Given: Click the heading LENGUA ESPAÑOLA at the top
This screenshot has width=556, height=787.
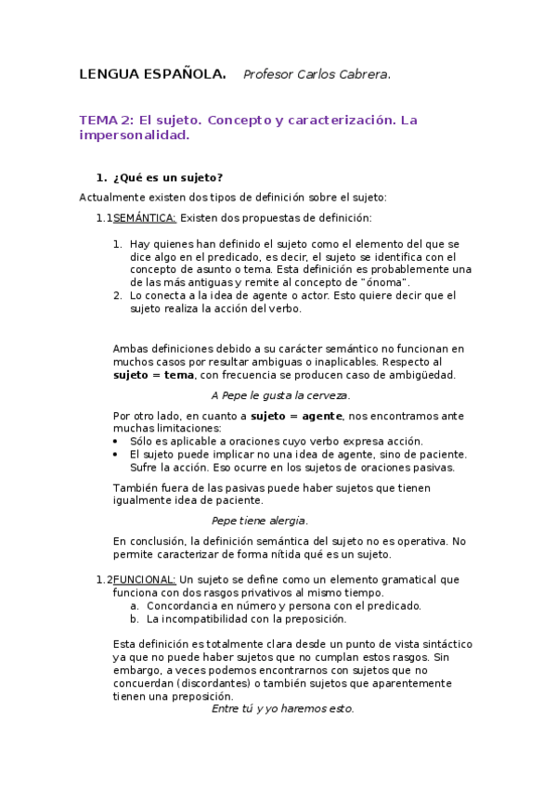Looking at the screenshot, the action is coord(152,74).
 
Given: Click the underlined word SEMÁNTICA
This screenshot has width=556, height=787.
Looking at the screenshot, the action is coord(144,218).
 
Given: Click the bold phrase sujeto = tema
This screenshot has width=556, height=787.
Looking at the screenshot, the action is coord(153,375).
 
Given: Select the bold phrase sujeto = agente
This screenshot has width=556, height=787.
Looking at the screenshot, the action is coord(292,416).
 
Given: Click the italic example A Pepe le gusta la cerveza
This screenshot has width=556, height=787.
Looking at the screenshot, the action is coord(280,395).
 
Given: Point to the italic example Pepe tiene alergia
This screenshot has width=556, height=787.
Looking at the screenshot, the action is coord(260,521).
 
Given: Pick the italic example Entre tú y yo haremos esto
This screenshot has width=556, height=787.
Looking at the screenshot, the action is coord(283,709).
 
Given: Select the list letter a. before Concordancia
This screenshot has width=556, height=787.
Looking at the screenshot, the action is coord(135,606).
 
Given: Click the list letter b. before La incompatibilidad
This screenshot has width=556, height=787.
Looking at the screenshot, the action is coord(135,619).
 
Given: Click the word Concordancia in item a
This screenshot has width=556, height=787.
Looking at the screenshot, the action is coord(187,606).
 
